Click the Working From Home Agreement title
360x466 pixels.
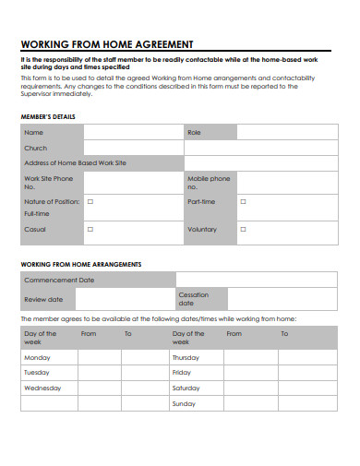pyautogui.click(x=106, y=44)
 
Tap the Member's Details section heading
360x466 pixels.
pyautogui.click(x=48, y=116)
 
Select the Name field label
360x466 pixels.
pyautogui.click(x=33, y=133)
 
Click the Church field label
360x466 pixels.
pyautogui.click(x=35, y=148)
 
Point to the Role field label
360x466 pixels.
pyautogui.click(x=194, y=133)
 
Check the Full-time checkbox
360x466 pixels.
pyautogui.click(x=90, y=200)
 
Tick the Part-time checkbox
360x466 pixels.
pyautogui.click(x=244, y=200)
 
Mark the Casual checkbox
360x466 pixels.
pyautogui.click(x=90, y=229)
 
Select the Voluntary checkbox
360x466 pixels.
pyautogui.click(x=244, y=229)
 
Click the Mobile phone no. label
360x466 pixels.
pyautogui.click(x=209, y=182)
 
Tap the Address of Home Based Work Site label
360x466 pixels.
pyautogui.click(x=75, y=162)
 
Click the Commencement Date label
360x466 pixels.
pyautogui.click(x=59, y=280)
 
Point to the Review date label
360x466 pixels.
pyautogui.click(x=43, y=299)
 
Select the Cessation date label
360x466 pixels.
pyautogui.click(x=194, y=299)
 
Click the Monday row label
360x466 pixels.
pyautogui.click(x=37, y=356)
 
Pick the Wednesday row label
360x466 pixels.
pyautogui.click(x=42, y=388)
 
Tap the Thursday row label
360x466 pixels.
pyautogui.click(x=186, y=356)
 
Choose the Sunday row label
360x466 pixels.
pyautogui.click(x=184, y=404)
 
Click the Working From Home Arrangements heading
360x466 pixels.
pyautogui.click(x=81, y=264)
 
